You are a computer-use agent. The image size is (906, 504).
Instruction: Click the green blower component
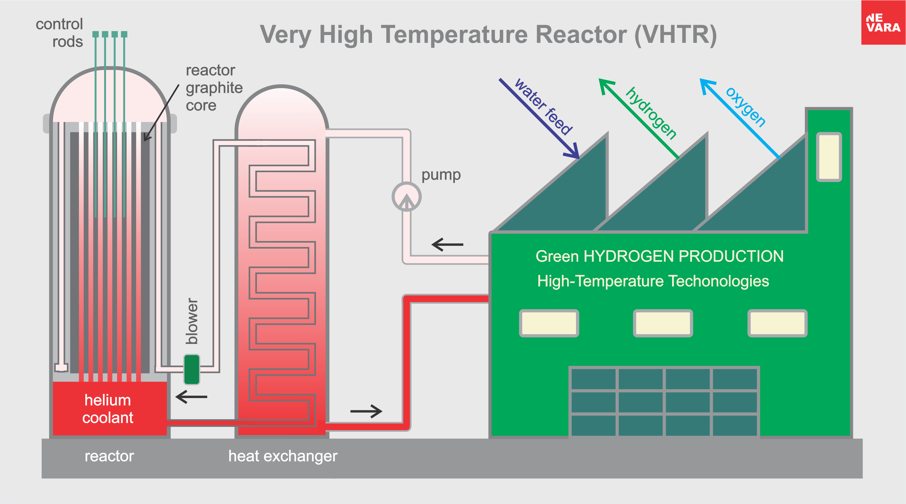pos(192,370)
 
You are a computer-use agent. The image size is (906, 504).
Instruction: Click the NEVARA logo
pos(883,23)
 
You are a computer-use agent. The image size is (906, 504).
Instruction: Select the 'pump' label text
pos(441,175)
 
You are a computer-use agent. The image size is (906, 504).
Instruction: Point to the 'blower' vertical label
pos(192,321)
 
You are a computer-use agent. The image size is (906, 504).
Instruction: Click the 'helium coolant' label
pos(108,409)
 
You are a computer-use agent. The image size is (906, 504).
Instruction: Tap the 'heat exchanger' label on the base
pos(283,456)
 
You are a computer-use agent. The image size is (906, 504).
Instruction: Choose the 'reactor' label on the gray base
pos(109,456)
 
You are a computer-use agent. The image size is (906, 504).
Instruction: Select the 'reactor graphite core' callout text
pos(214,88)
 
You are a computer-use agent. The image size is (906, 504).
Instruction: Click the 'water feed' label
pos(544,106)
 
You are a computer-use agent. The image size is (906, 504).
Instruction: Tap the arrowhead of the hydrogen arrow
pos(606,86)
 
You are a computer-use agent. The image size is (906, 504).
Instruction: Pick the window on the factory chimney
pos(829,157)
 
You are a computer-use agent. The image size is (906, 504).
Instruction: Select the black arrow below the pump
pos(447,244)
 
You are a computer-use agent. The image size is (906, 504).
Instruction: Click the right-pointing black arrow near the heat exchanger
pos(366,411)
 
